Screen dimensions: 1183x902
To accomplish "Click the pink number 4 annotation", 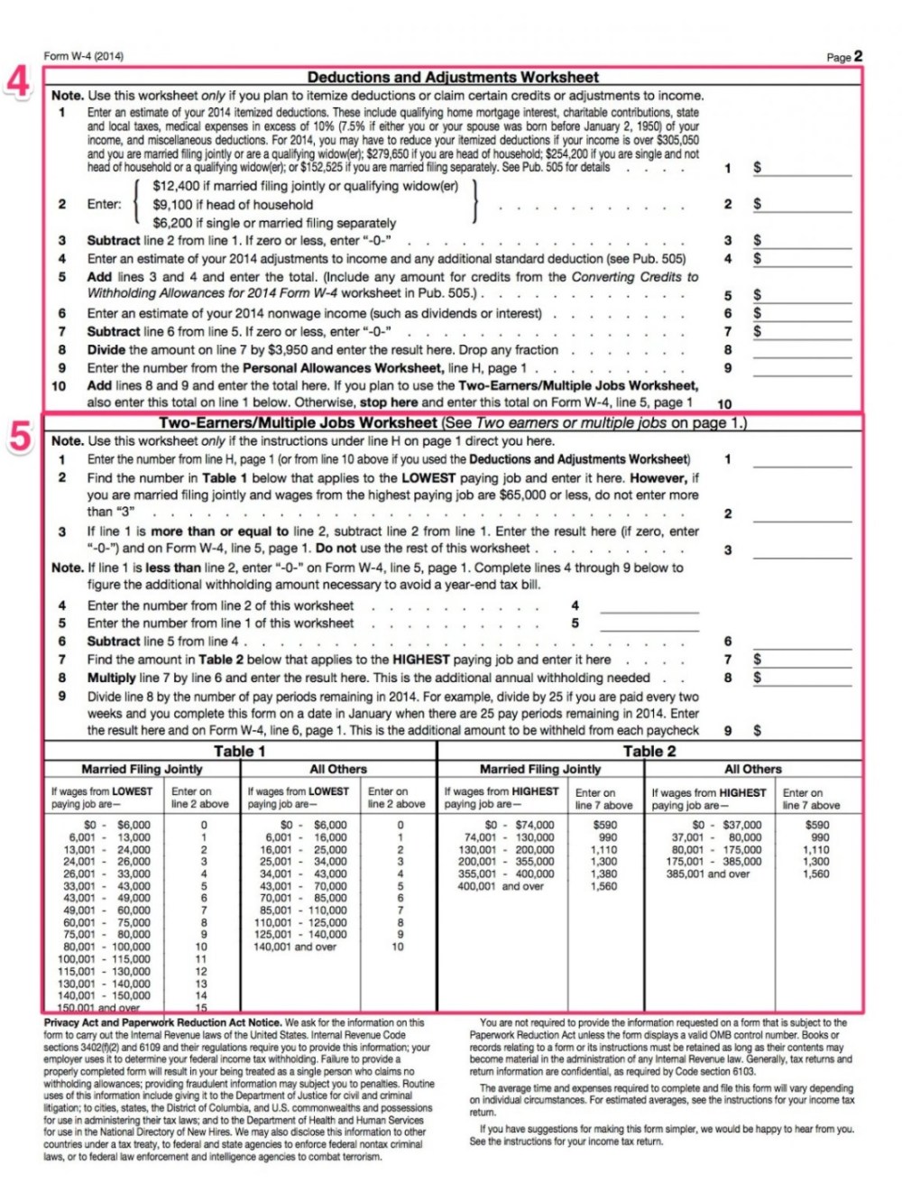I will point(18,81).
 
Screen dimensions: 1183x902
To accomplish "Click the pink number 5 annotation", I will point(20,436).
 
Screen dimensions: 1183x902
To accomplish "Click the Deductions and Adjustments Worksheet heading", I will point(453,78).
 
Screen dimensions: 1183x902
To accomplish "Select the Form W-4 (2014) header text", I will point(84,56).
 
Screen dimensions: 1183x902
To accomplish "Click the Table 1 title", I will point(239,751).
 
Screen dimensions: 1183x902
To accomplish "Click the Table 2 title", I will point(649,751).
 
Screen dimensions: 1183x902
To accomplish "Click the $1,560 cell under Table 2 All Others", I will point(816,873).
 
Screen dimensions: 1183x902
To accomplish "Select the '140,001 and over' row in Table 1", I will point(294,947).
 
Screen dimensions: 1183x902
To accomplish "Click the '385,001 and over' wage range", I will point(708,873).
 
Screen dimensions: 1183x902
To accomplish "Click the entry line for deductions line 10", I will point(802,403).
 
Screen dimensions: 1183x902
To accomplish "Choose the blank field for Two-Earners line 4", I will point(649,606).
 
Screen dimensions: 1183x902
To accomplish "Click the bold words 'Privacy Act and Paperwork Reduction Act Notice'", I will point(162,1022).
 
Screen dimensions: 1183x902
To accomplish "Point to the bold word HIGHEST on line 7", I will point(420,660).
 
